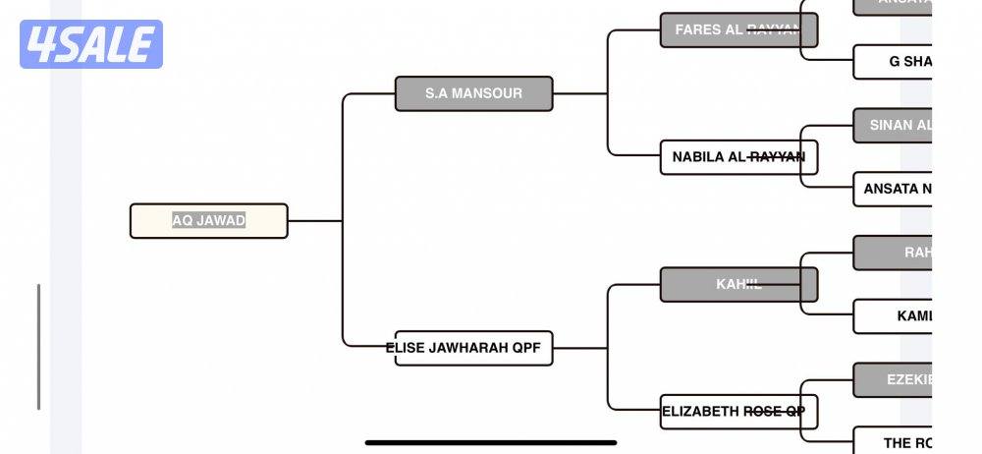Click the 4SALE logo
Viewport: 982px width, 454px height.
pos(90,44)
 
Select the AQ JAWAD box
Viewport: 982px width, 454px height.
pos(208,221)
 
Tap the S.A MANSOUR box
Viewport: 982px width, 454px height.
pos(473,93)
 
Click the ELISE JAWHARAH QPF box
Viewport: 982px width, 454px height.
pos(473,348)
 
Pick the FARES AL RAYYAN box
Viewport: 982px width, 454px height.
pos(737,29)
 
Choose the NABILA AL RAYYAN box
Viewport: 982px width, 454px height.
pos(737,157)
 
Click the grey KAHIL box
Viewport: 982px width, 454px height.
pos(737,285)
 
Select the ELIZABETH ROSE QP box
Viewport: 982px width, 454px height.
pos(737,412)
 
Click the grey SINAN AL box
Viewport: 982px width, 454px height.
pos(892,126)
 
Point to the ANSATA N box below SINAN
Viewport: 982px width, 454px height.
pos(892,189)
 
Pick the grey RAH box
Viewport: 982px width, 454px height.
pos(892,253)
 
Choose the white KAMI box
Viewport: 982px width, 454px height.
pos(892,316)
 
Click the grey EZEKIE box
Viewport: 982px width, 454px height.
pos(892,379)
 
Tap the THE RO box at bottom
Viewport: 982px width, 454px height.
pos(892,441)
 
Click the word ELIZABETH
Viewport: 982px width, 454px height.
pos(700,412)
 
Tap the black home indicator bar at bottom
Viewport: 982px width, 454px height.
pos(491,442)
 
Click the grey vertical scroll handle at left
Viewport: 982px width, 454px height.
pos(38,346)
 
